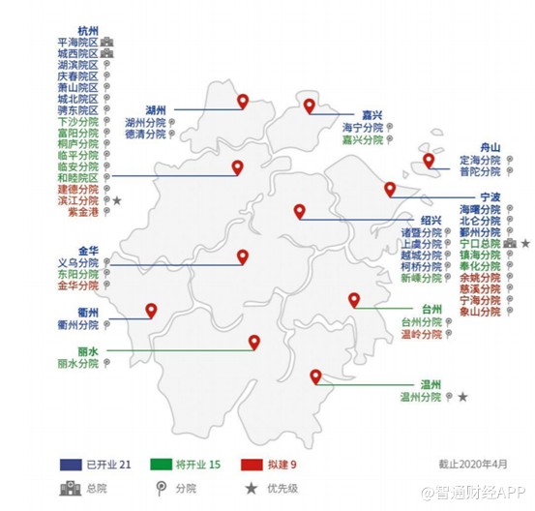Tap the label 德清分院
(x=144, y=135)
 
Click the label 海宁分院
(x=362, y=127)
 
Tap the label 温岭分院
(x=421, y=333)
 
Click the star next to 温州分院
(x=463, y=397)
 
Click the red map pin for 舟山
(x=428, y=161)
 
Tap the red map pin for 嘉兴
(x=310, y=105)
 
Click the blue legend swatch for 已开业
(x=73, y=465)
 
